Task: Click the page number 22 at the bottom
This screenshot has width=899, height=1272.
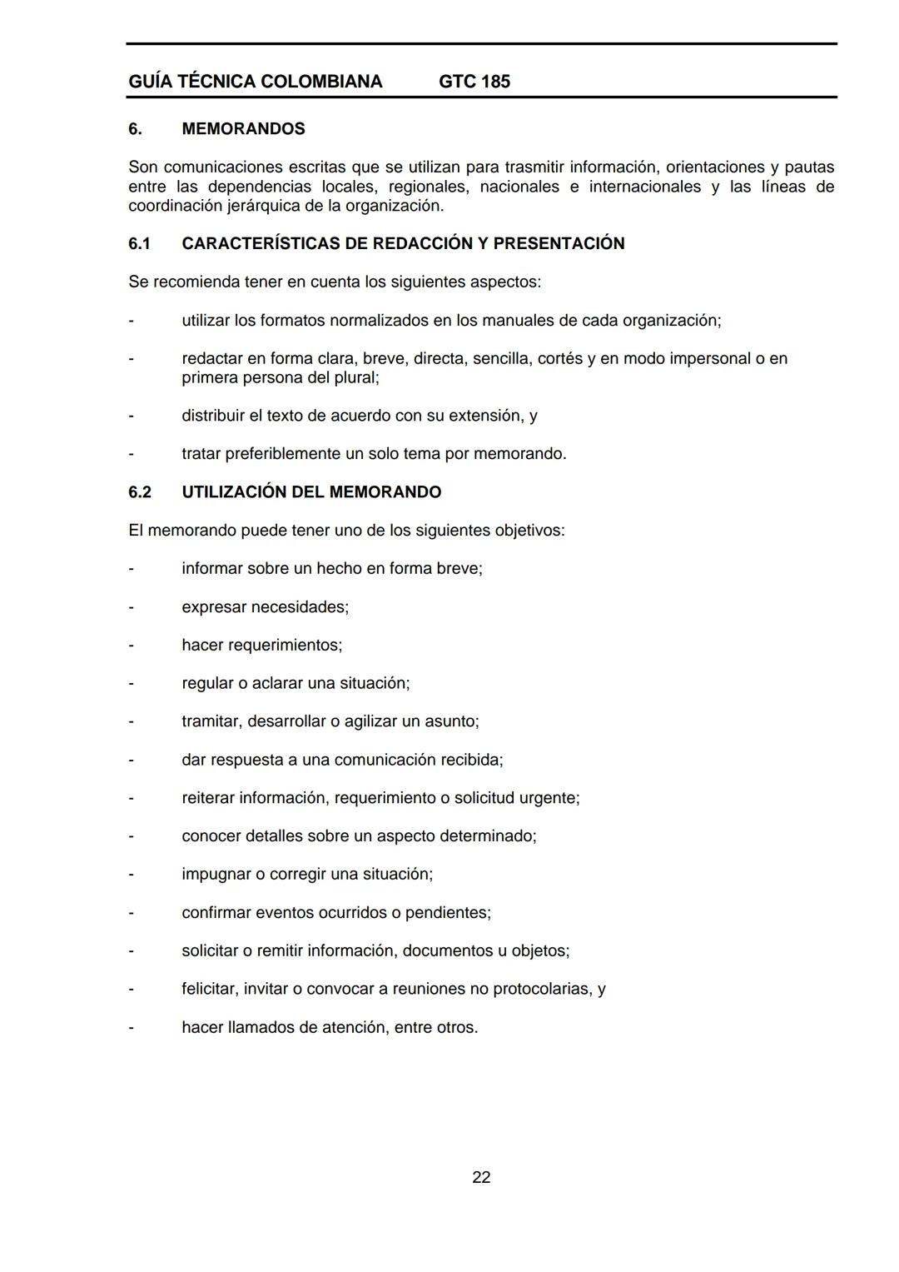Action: (481, 1177)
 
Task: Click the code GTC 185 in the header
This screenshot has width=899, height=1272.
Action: (474, 82)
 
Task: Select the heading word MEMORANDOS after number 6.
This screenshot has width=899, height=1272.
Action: (243, 129)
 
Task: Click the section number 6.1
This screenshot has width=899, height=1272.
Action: (140, 243)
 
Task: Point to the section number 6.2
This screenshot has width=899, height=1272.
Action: (140, 492)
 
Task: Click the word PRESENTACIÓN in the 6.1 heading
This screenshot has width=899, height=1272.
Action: (559, 243)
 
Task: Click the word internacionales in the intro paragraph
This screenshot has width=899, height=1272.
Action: (645, 187)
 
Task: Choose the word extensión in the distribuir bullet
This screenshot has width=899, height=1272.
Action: (489, 416)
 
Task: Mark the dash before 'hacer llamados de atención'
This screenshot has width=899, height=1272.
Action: (131, 1028)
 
